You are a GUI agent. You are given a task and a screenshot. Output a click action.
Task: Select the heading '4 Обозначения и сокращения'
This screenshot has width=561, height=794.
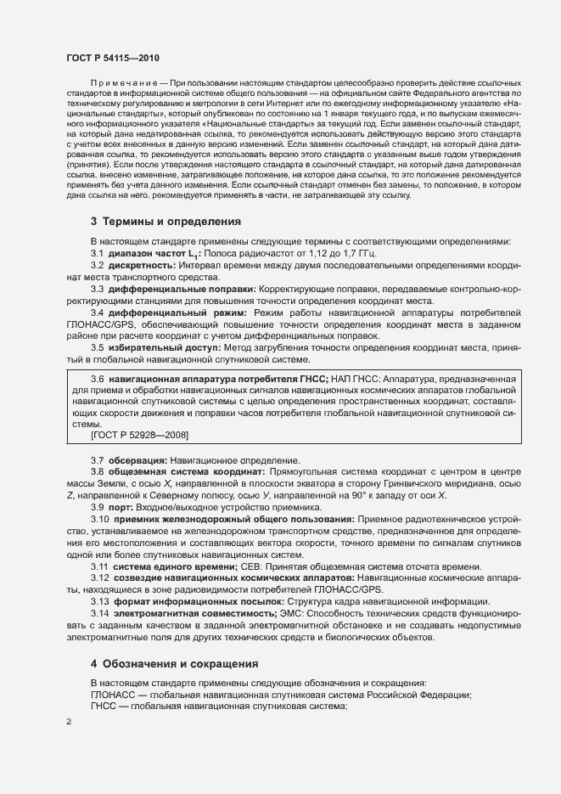click(175, 663)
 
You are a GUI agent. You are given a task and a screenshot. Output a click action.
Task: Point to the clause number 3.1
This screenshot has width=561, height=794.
click(98, 254)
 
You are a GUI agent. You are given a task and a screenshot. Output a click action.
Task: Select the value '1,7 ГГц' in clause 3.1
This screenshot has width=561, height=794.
click(354, 254)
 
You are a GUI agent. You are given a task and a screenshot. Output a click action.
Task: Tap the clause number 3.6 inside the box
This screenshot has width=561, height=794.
click(98, 377)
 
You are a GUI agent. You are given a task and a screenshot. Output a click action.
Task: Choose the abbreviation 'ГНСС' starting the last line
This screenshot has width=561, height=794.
click(105, 707)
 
